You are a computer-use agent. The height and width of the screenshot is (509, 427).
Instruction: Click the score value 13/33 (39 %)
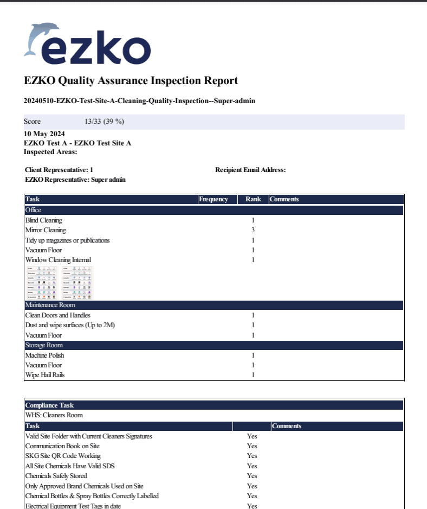[104, 122]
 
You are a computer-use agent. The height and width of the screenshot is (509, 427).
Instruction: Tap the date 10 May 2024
[44, 134]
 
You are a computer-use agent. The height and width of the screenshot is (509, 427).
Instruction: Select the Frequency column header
[214, 199]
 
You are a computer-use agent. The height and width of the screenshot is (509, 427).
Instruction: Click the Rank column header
[253, 199]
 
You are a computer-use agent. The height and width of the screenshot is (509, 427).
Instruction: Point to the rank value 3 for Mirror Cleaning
[253, 230]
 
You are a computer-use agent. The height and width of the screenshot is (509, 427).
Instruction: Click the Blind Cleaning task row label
[44, 220]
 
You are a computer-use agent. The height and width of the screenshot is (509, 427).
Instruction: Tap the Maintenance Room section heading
[50, 305]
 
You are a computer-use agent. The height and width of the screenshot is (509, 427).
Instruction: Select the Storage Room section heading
[44, 345]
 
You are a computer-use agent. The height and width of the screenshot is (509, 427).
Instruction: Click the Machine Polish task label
[44, 355]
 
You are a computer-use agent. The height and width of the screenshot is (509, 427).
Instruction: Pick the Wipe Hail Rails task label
[45, 375]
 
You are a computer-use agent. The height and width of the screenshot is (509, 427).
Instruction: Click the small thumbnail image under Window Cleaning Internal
[59, 282]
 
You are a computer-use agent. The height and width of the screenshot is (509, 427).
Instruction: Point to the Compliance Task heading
[50, 405]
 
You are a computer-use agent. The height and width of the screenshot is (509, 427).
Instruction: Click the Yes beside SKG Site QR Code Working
[252, 456]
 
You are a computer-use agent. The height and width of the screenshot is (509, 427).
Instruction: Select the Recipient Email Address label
[250, 170]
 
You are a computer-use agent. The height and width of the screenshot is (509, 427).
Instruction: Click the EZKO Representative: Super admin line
[75, 180]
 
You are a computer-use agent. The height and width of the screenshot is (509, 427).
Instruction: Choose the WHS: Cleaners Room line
[54, 415]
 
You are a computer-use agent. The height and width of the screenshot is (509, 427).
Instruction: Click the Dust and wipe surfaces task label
[70, 325]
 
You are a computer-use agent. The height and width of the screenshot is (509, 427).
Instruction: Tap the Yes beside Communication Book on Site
[252, 446]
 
